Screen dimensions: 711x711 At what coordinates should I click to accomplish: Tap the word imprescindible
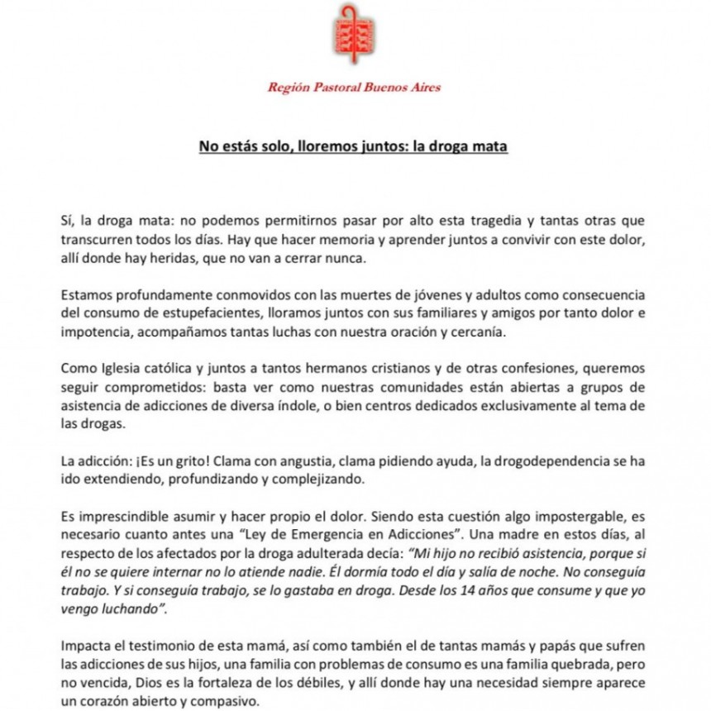pos(111,515)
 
